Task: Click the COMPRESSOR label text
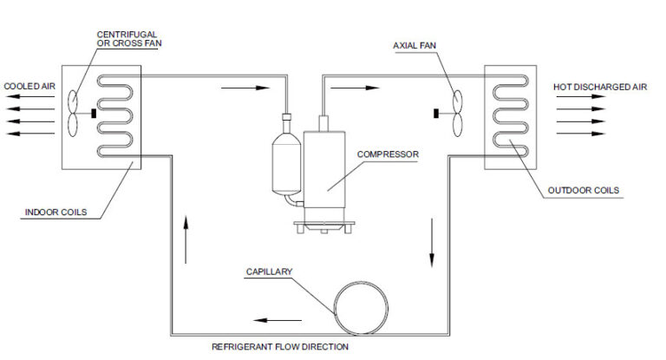[x=388, y=154]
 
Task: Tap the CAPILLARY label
[x=271, y=272]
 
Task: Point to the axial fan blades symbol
[x=454, y=111]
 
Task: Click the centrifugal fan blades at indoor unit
[x=75, y=112]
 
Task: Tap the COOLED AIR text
[x=29, y=86]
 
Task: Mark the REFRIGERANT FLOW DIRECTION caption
[x=280, y=347]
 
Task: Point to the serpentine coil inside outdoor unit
[x=508, y=112]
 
